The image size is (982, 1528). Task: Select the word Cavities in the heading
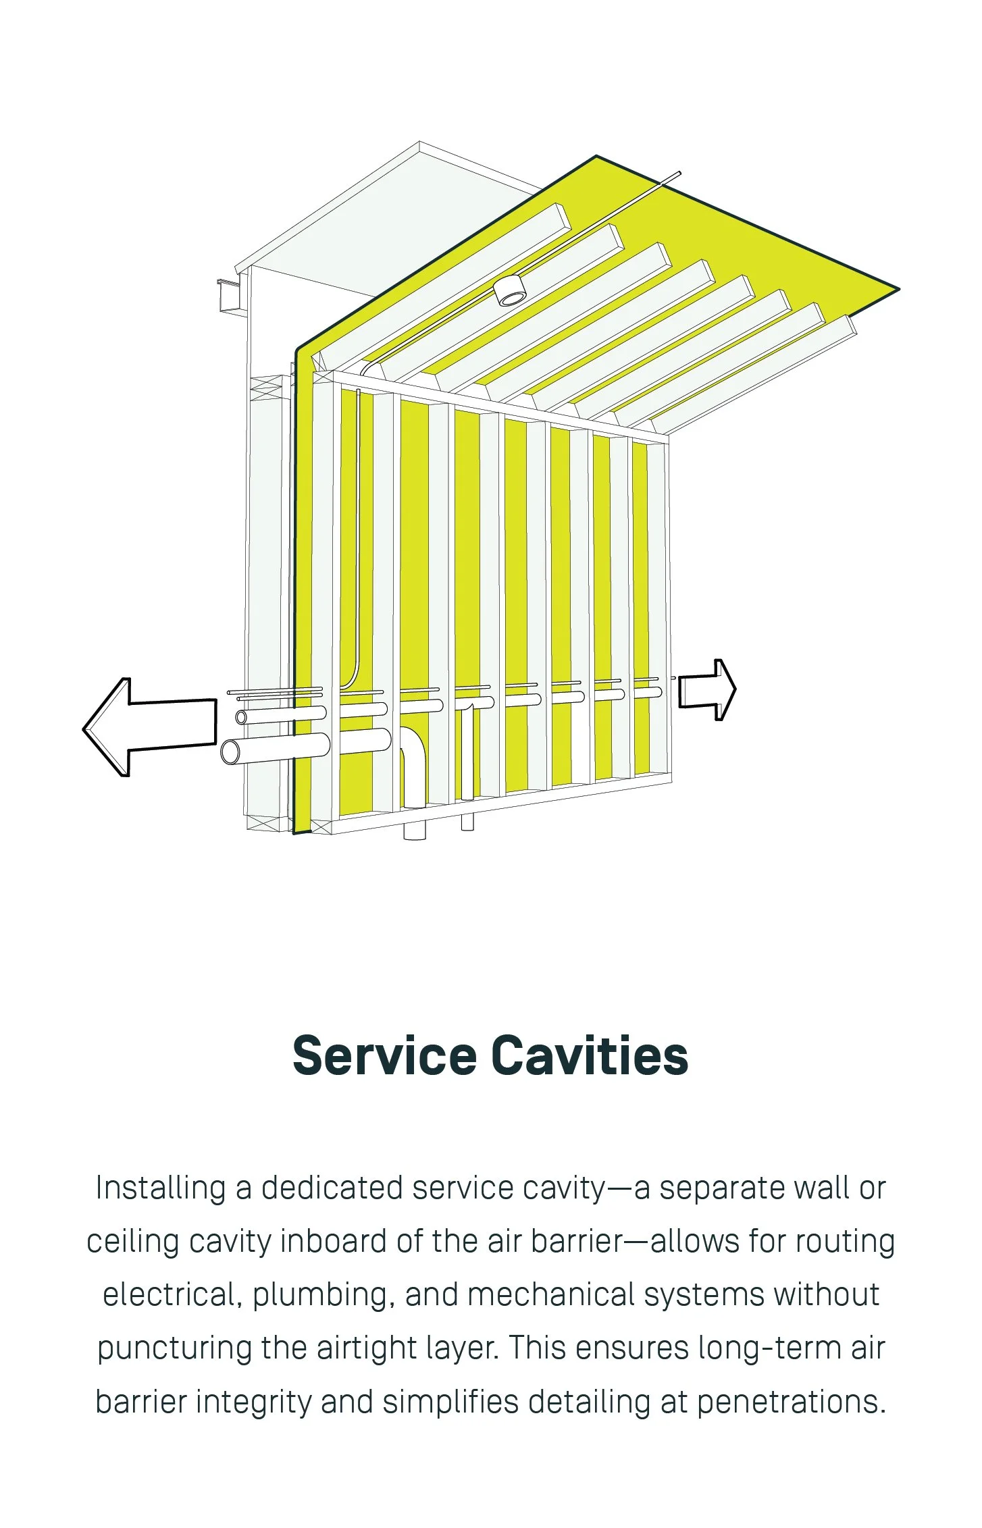pyautogui.click(x=589, y=1056)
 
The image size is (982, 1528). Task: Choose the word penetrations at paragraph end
pyautogui.click(x=791, y=1402)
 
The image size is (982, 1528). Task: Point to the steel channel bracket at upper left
pyautogui.click(x=230, y=296)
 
